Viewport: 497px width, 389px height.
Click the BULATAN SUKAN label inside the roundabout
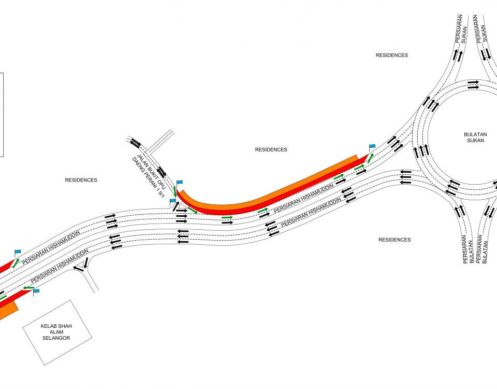(x=475, y=137)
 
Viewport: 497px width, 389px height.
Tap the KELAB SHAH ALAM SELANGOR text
(x=56, y=332)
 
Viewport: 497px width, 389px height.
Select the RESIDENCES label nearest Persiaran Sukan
(x=392, y=55)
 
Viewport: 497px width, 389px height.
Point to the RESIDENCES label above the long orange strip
(x=271, y=149)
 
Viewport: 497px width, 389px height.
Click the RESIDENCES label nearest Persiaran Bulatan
(x=394, y=240)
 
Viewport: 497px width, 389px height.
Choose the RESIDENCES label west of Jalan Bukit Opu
(x=81, y=180)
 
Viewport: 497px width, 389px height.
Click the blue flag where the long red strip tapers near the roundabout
(x=372, y=147)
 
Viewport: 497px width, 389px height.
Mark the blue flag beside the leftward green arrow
(x=36, y=291)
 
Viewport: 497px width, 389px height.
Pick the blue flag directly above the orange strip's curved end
(x=180, y=183)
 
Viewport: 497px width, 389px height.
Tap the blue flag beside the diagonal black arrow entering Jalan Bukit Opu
(x=172, y=201)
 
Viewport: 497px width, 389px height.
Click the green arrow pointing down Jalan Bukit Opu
(x=175, y=192)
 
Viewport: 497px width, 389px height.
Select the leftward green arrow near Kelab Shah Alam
(x=29, y=288)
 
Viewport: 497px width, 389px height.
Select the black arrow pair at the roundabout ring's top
(x=474, y=84)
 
